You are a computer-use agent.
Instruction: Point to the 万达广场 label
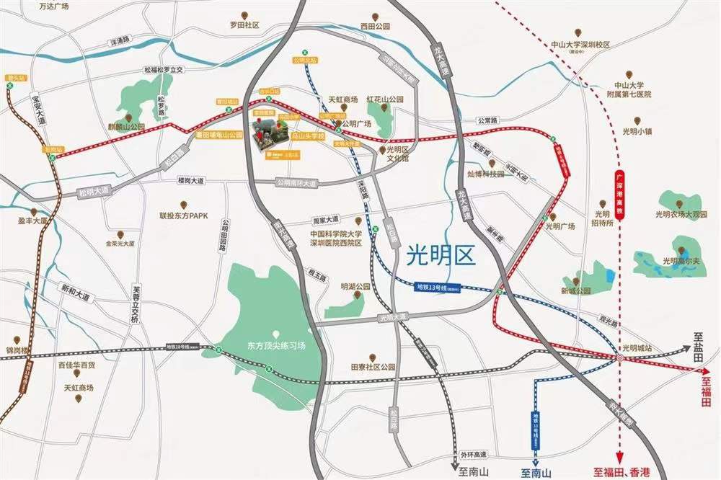53,6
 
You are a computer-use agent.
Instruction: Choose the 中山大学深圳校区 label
580,45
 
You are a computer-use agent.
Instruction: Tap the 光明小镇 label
637,132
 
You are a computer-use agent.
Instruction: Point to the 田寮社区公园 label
373,367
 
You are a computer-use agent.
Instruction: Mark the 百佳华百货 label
76,365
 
